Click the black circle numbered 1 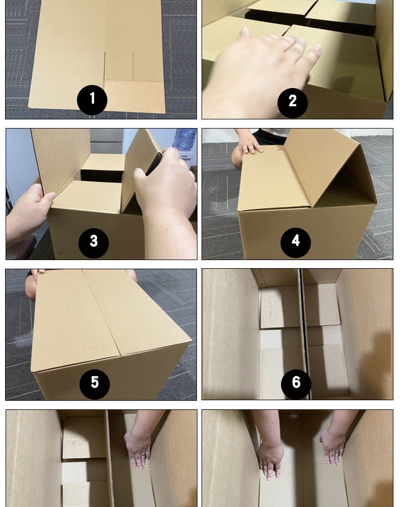click(x=92, y=100)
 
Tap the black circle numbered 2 click(x=293, y=103)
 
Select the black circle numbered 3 click(x=94, y=243)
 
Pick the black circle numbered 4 click(x=296, y=243)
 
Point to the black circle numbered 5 click(x=95, y=385)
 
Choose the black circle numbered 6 click(x=296, y=385)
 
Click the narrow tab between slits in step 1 click(x=119, y=66)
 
